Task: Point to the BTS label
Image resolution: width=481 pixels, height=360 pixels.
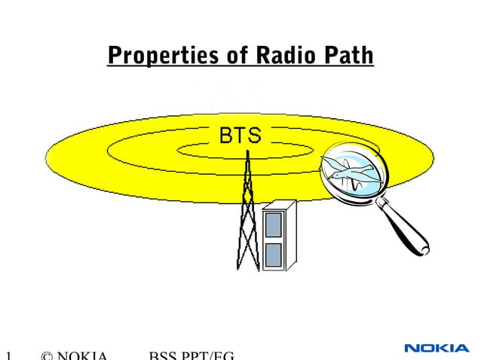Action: [240, 136]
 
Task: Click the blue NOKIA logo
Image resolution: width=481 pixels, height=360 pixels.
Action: [436, 348]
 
